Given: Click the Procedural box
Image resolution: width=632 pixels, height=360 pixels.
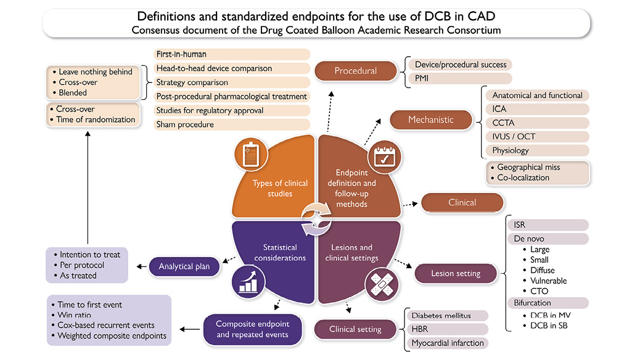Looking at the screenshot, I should click(355, 71).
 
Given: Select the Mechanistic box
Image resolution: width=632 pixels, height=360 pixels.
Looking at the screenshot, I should click(430, 120).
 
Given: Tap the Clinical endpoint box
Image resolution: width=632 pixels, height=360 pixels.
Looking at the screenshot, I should click(462, 203).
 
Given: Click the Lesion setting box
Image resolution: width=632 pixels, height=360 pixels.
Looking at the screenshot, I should click(455, 273).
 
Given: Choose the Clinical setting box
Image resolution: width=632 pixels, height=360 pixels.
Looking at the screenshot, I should click(355, 329).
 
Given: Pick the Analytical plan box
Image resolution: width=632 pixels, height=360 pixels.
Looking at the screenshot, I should click(184, 266).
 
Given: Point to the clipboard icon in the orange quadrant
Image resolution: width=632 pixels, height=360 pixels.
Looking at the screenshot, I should click(251, 154).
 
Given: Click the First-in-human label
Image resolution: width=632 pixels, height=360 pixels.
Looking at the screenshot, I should click(181, 54).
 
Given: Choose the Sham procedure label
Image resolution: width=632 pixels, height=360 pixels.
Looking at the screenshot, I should click(185, 125).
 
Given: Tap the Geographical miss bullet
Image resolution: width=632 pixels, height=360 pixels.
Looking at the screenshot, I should click(528, 167).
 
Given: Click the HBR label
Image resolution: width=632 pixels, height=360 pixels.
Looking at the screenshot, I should click(421, 329).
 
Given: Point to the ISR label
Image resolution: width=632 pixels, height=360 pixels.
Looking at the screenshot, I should click(519, 225).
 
